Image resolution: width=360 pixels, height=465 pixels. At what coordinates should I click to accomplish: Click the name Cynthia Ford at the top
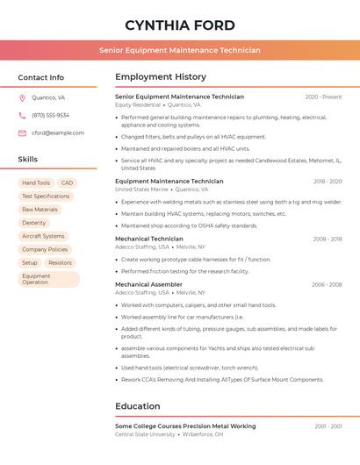point(179,25)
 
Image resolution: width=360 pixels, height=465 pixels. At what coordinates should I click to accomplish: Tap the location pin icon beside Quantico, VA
point(22,98)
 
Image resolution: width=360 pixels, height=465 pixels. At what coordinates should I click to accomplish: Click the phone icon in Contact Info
point(22,116)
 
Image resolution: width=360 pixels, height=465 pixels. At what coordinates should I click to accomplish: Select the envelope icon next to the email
point(22,133)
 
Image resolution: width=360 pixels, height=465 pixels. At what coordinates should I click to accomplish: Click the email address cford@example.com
point(58,133)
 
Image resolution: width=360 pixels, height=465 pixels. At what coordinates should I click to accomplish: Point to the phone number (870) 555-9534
point(51,116)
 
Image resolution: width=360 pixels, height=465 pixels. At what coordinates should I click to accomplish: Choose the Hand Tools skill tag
point(36,183)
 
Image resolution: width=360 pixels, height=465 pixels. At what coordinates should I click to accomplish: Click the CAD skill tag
point(68,183)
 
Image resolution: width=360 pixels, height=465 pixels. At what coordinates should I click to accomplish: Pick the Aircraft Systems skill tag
point(43,236)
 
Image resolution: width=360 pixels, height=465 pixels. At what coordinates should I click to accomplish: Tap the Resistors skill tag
point(60,262)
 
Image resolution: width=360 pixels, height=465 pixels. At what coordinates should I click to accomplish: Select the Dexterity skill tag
point(34,223)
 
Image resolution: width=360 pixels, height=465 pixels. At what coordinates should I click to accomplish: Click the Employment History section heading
point(161,77)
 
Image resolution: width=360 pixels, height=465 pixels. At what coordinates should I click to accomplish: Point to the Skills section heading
point(28,160)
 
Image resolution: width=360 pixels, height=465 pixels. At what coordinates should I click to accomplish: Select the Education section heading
point(139,406)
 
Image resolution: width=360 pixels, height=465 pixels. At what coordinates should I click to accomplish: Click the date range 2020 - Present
point(323,97)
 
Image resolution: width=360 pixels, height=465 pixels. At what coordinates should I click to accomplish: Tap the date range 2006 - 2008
point(326,284)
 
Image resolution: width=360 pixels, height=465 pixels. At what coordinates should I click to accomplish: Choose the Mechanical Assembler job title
point(148,284)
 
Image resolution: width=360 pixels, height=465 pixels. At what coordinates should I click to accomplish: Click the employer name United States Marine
point(141,190)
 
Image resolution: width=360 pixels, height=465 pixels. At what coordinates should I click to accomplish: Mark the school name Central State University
point(145,434)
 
